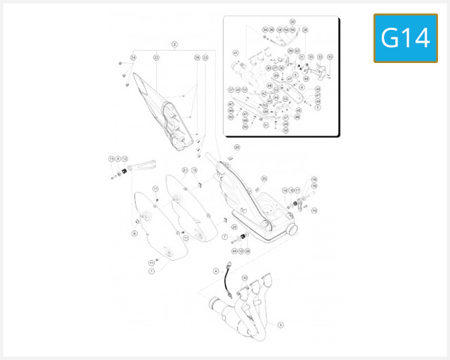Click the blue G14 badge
pyautogui.click(x=406, y=37)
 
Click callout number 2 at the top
pyautogui.click(x=174, y=44)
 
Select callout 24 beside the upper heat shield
pyautogui.click(x=133, y=57)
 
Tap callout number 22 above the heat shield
pyautogui.click(x=156, y=57)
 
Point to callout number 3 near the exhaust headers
pyautogui.click(x=280, y=325)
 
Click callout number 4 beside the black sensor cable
pyautogui.click(x=215, y=270)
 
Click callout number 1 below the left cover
pyautogui.click(x=151, y=271)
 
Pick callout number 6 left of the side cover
pyautogui.click(x=134, y=233)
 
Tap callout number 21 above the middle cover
pyautogui.click(x=185, y=170)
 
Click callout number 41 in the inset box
pyautogui.click(x=235, y=53)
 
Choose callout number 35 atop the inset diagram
pyautogui.click(x=292, y=21)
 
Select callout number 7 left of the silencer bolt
pyautogui.click(x=223, y=237)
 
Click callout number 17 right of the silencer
pyautogui.click(x=298, y=190)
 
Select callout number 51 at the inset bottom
pyautogui.click(x=265, y=125)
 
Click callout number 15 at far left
pyautogui.click(x=111, y=159)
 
